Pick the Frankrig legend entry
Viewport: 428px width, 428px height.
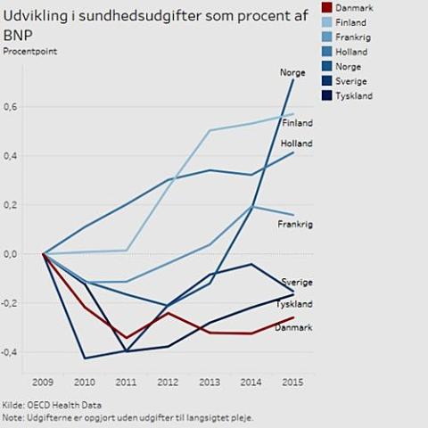(352, 37)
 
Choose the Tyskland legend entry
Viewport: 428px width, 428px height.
(354, 95)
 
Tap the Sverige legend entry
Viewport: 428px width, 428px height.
(350, 81)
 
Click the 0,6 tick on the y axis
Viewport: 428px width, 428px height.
(11, 107)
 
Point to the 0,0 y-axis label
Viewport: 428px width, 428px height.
(11, 254)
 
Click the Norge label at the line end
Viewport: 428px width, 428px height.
(292, 73)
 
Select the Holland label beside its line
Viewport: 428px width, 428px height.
(297, 144)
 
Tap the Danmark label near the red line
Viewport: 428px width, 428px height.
(293, 328)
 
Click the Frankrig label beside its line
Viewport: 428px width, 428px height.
(295, 225)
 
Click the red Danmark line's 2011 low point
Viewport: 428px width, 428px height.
(127, 338)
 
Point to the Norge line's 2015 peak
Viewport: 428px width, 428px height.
(293, 80)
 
